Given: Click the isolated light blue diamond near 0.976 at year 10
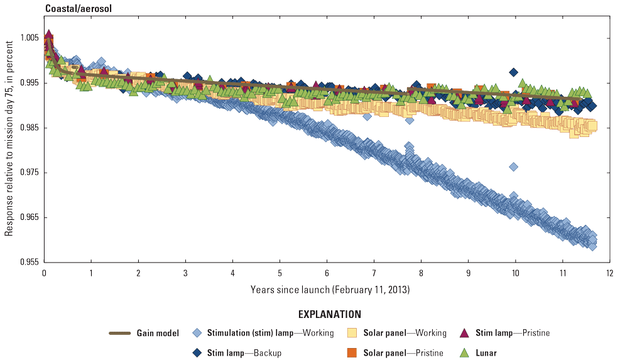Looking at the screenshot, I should tap(513, 166).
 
